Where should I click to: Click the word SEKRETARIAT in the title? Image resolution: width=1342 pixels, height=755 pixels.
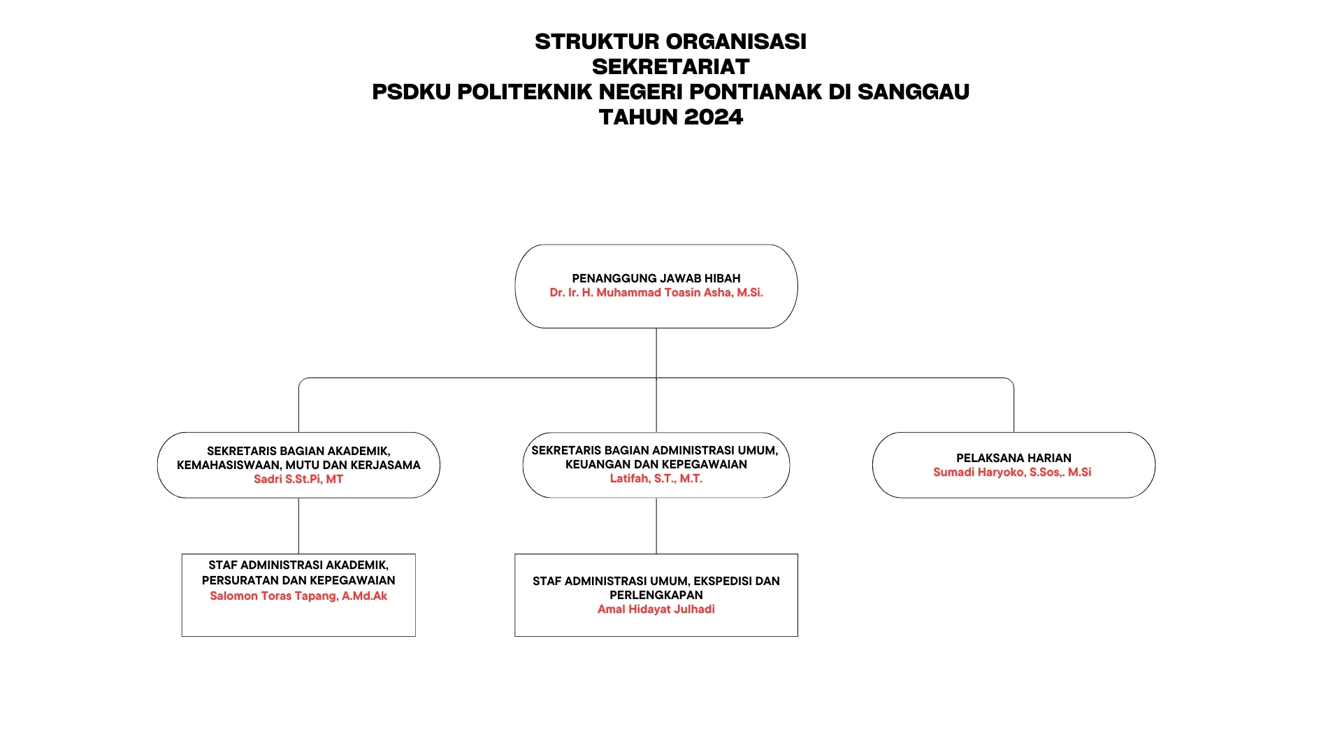coord(670,66)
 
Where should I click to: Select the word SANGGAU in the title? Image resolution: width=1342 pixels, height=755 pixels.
coord(913,92)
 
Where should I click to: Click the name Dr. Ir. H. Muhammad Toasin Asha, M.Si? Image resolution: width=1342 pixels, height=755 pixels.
coord(656,292)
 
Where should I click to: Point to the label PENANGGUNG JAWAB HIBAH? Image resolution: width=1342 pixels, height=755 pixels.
coord(656,278)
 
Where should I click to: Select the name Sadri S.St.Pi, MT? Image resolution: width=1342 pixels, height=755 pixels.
coord(298,479)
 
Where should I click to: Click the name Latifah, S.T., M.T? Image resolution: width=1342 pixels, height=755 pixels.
coord(656,478)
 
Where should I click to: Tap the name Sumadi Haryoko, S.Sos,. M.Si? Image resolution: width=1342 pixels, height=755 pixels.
coord(1012,472)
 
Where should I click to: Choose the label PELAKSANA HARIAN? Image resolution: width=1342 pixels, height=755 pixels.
coord(1013,458)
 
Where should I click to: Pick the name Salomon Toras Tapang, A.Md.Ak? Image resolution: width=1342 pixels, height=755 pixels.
coord(298,596)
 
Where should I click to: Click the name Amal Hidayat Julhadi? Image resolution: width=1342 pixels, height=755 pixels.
coord(656,609)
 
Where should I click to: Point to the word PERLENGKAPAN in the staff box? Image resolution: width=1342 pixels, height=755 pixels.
coord(656,595)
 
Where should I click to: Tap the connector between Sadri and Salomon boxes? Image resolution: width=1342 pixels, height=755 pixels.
coord(298,526)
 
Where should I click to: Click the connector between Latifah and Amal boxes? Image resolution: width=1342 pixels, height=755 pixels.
coord(656,526)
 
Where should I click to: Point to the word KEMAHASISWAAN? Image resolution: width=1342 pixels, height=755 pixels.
coord(229,465)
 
